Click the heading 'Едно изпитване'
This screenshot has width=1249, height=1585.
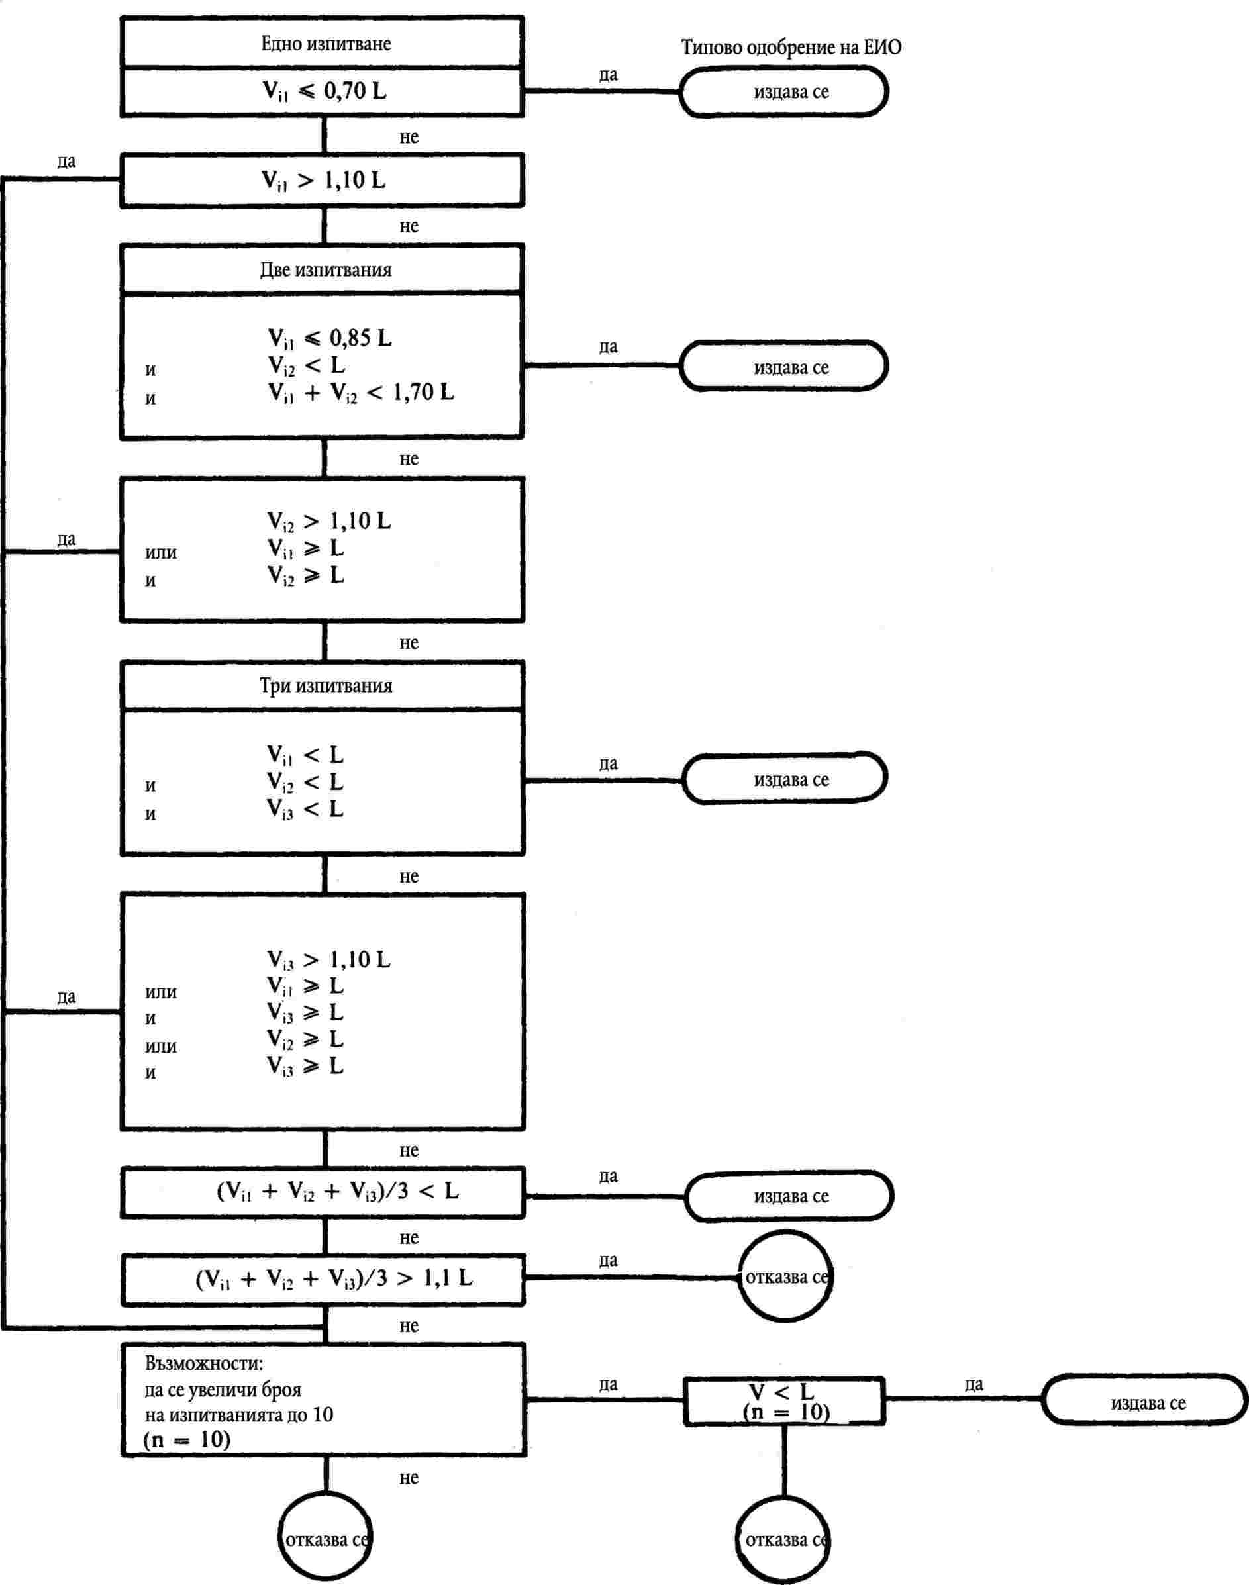coord(325,44)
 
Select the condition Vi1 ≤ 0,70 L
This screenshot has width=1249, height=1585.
coord(324,91)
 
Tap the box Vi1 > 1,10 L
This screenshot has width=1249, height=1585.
coord(323,181)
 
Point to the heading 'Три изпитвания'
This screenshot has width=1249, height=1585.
coord(325,686)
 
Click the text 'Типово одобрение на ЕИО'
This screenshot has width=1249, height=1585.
coord(791,48)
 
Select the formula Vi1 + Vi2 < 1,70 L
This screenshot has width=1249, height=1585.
coord(360,393)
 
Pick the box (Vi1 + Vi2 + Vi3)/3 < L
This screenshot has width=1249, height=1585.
coord(337,1192)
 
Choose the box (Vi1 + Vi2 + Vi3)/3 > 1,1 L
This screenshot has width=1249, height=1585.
coord(334,1278)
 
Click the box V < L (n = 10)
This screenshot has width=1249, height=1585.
coord(785,1402)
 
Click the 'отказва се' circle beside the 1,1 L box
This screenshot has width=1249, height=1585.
coord(785,1277)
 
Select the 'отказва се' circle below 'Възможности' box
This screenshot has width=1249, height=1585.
coord(325,1540)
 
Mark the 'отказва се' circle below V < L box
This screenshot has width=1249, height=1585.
coord(783,1540)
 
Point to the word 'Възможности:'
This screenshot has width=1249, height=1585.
coord(204,1363)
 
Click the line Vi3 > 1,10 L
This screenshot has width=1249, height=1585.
coord(328,959)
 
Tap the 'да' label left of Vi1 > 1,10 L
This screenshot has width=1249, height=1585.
coord(66,162)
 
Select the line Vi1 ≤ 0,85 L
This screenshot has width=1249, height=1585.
coord(329,338)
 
